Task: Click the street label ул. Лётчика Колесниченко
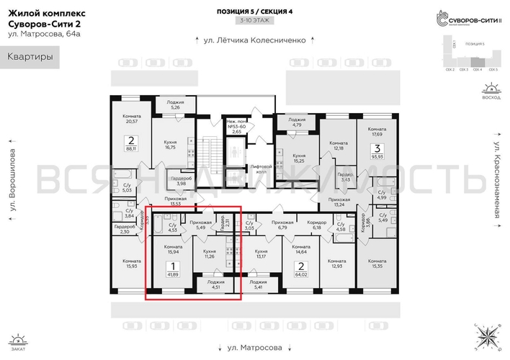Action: (x=255, y=40)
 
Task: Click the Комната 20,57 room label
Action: (x=131, y=120)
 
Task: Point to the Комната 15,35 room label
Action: (x=376, y=264)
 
